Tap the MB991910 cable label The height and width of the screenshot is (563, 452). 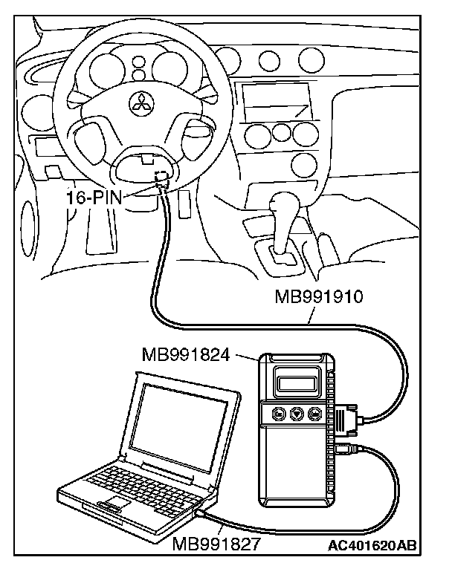pyautogui.click(x=318, y=299)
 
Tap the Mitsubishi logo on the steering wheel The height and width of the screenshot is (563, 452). pyautogui.click(x=139, y=104)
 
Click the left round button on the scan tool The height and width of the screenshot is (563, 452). pyautogui.click(x=277, y=413)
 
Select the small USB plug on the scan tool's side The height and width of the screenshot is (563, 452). pyautogui.click(x=346, y=448)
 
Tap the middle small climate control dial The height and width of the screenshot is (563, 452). pyautogui.click(x=280, y=131)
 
